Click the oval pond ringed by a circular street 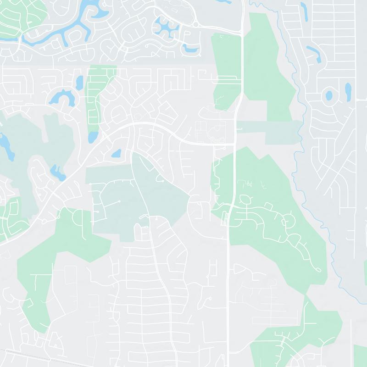[x=329, y=96]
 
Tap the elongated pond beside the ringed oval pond [x=348, y=91]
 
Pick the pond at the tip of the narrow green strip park [x=93, y=137]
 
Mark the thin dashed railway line [x=28, y=356]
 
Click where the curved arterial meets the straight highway [x=234, y=143]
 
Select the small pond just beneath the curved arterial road [x=116, y=153]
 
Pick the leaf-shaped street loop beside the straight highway [x=246, y=199]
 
